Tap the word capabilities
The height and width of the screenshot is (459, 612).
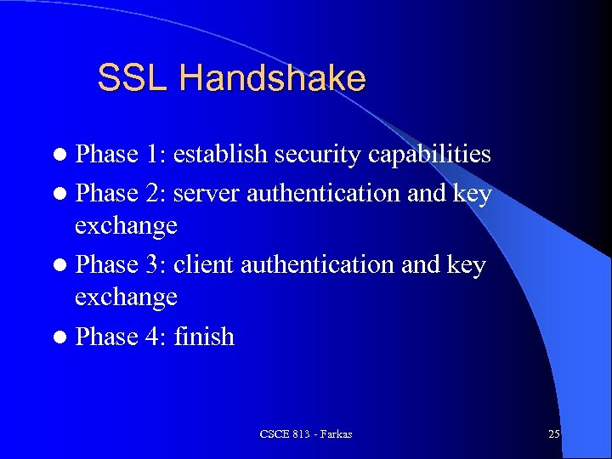(428, 155)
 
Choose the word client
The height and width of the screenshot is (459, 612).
(205, 265)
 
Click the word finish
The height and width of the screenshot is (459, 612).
(204, 337)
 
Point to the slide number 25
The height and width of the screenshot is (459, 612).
(553, 434)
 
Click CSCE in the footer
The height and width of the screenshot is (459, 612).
(275, 434)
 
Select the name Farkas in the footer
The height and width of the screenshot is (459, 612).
(335, 434)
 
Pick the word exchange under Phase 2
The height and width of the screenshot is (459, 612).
(126, 226)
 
